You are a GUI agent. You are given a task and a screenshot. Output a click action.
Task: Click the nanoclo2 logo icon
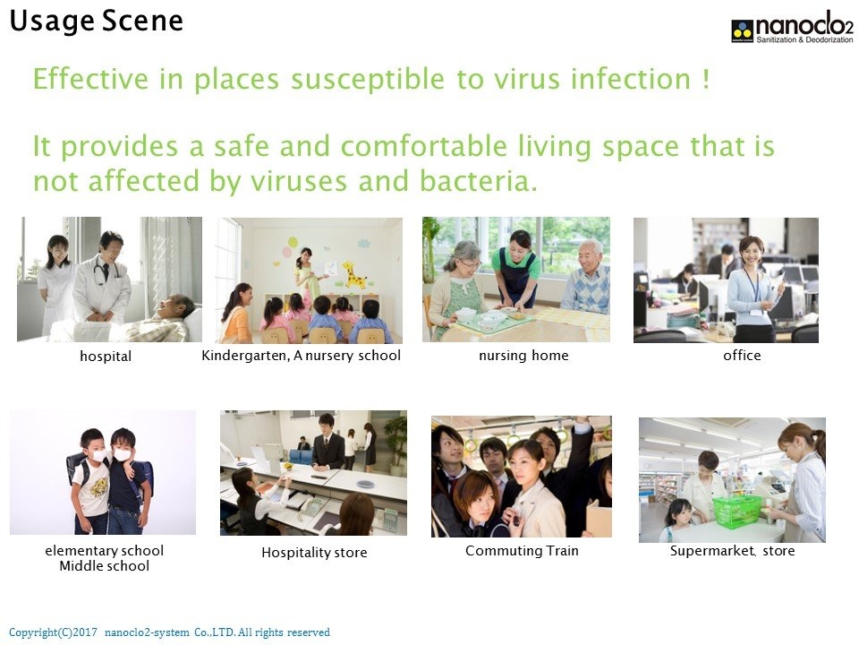[x=743, y=30]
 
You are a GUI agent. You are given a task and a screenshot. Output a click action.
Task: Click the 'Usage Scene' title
[x=96, y=21]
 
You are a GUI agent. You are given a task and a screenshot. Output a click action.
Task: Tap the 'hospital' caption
[x=106, y=356]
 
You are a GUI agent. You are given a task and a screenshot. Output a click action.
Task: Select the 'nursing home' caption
[x=523, y=356]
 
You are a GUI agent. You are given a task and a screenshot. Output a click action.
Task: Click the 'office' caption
[x=742, y=356]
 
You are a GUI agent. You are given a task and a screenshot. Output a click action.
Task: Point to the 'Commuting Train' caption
[x=522, y=551]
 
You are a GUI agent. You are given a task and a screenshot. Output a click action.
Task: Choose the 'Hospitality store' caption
[x=314, y=553]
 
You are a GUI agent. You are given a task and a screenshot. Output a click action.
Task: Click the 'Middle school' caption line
[x=104, y=566]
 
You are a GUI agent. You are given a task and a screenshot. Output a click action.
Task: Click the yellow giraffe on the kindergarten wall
[x=354, y=274]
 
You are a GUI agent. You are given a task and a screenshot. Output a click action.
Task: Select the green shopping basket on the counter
[x=736, y=510]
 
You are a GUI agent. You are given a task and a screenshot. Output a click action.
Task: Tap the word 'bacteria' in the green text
[x=478, y=181]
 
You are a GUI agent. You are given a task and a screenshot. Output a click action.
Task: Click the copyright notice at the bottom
[x=169, y=632]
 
